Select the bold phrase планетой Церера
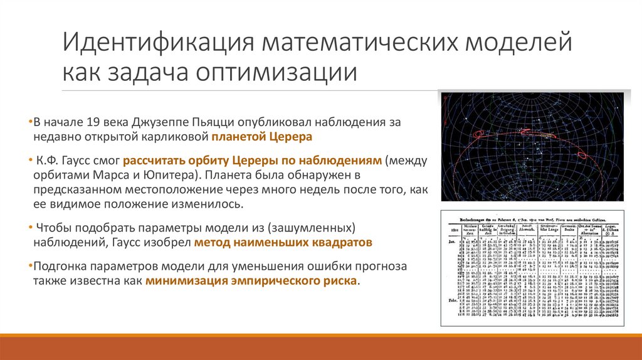(x=261, y=137)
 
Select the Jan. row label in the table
(x=448, y=239)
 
